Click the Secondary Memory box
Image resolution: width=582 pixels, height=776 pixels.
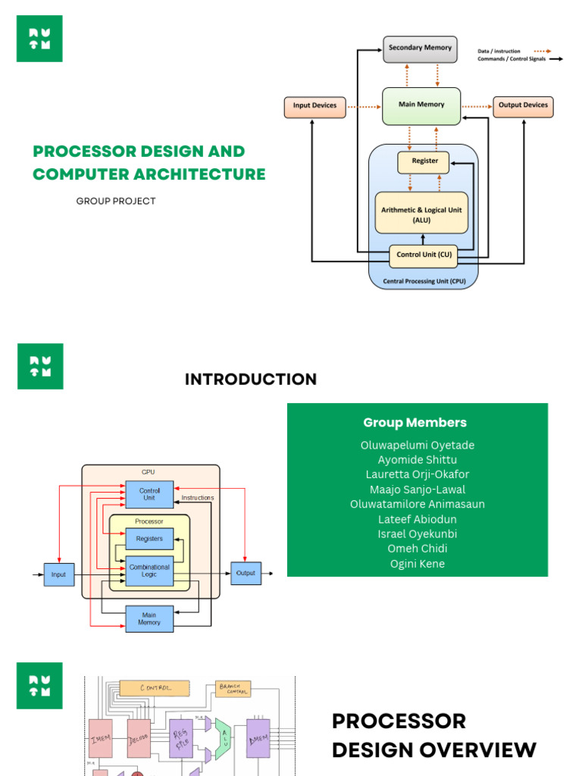(x=420, y=48)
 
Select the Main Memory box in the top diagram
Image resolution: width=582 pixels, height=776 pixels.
(x=421, y=105)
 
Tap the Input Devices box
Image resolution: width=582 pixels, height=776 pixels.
(x=314, y=106)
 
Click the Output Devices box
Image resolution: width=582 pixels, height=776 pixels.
(x=523, y=106)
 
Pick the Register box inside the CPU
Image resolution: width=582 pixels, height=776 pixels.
(x=424, y=161)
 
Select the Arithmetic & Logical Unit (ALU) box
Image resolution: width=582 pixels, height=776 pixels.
(x=421, y=213)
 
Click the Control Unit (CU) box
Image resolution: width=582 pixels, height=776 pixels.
(x=424, y=255)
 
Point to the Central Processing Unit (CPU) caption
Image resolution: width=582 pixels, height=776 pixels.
(x=424, y=281)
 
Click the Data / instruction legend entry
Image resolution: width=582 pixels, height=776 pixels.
(x=499, y=52)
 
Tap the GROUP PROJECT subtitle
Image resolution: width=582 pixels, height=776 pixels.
(x=116, y=202)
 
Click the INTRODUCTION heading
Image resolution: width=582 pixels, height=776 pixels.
(x=251, y=380)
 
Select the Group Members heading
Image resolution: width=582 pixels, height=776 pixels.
(x=415, y=423)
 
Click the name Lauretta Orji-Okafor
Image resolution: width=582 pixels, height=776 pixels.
(x=418, y=474)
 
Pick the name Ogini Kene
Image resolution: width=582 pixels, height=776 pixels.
(x=418, y=564)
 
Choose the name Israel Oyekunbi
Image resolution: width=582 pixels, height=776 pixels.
(x=418, y=534)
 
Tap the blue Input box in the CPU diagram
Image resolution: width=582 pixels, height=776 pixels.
(x=58, y=574)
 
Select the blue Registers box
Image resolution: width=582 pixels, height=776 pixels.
(x=149, y=539)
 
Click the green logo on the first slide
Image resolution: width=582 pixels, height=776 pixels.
(x=39, y=39)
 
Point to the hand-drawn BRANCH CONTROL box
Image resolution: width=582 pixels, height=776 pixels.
(x=233, y=688)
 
